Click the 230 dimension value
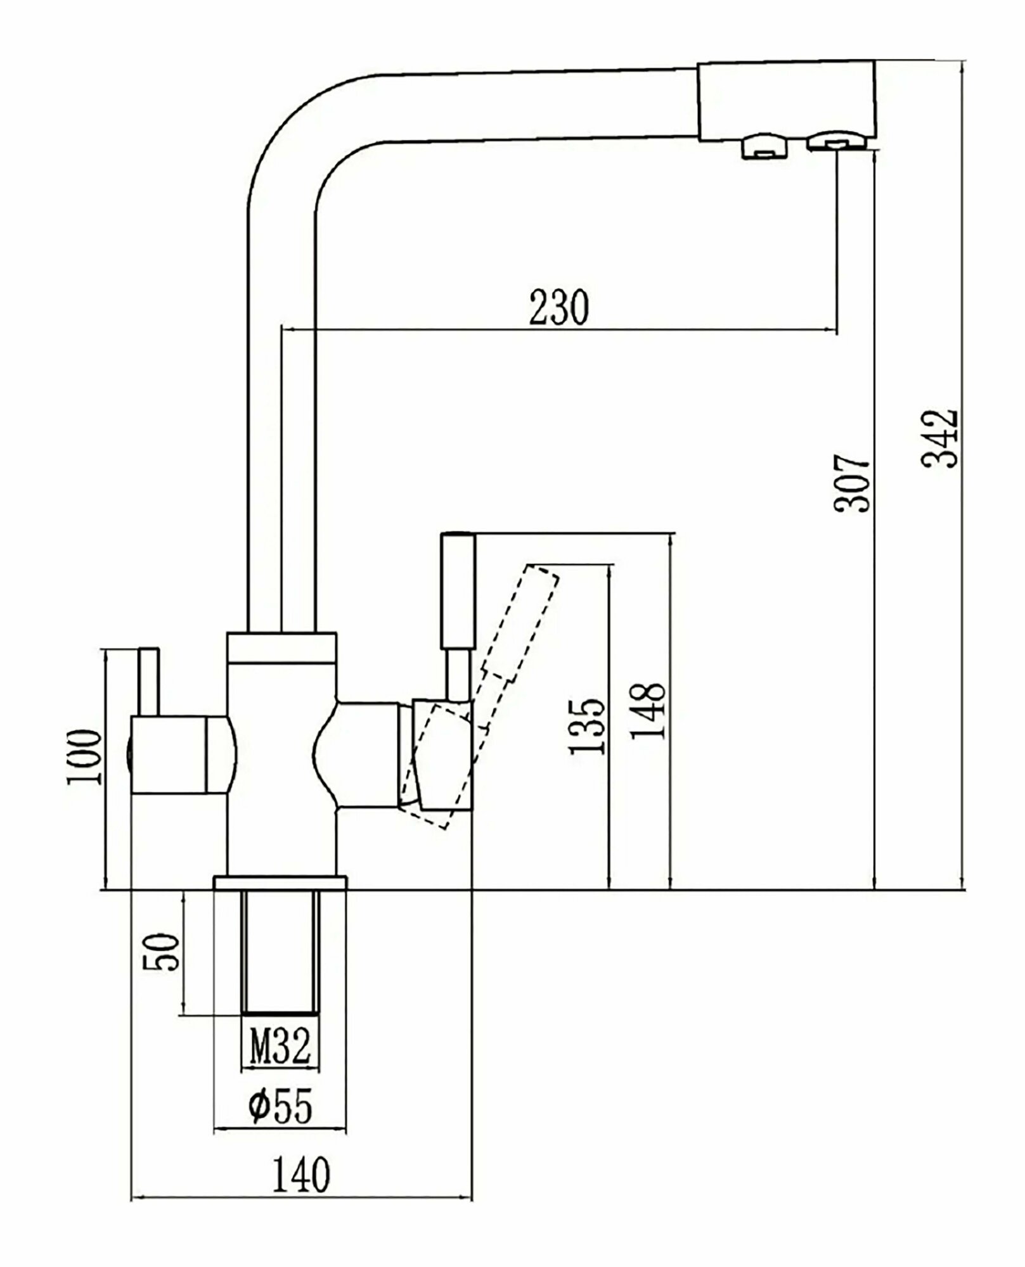tap(559, 307)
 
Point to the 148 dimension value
tap(648, 711)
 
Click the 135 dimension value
tap(586, 726)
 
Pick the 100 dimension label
tap(84, 756)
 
